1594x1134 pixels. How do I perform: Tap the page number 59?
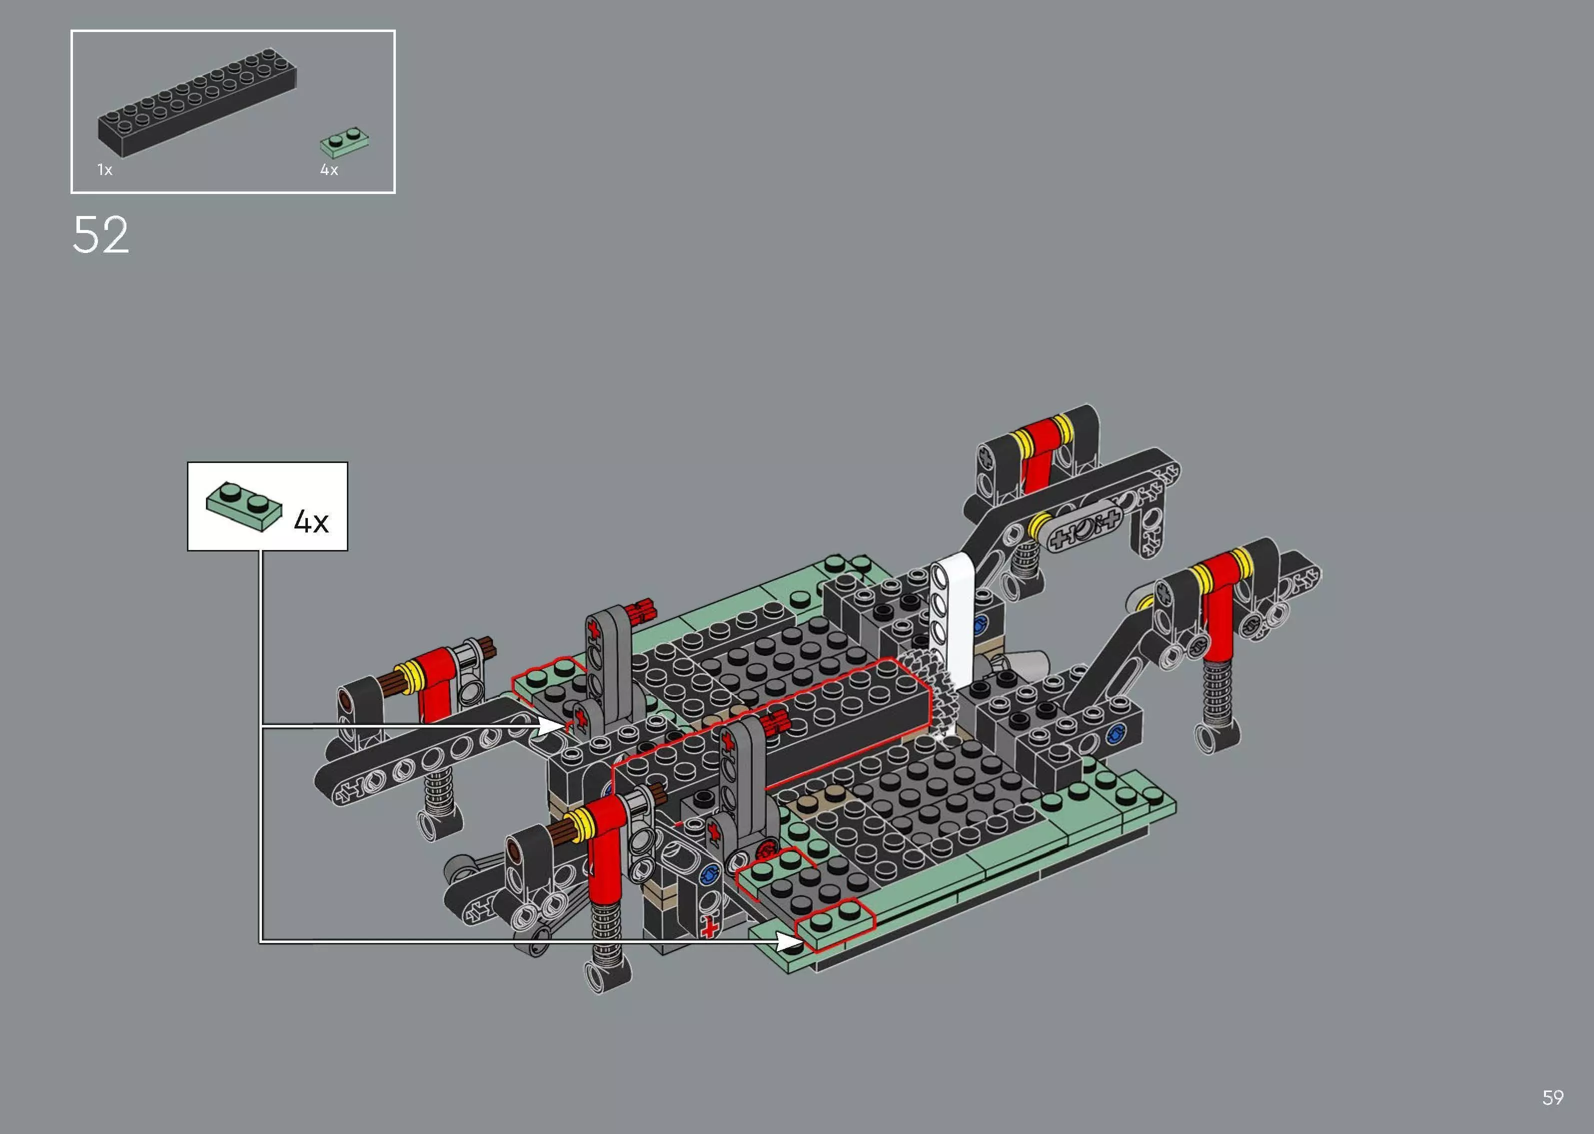tap(1552, 1097)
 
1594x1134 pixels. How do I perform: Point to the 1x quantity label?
tap(104, 169)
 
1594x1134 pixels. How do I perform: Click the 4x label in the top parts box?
tap(329, 169)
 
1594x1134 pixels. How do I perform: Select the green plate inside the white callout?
tap(244, 506)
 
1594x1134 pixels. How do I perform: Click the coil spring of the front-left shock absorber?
tap(605, 932)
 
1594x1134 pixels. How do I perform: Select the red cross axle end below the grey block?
tap(710, 928)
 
